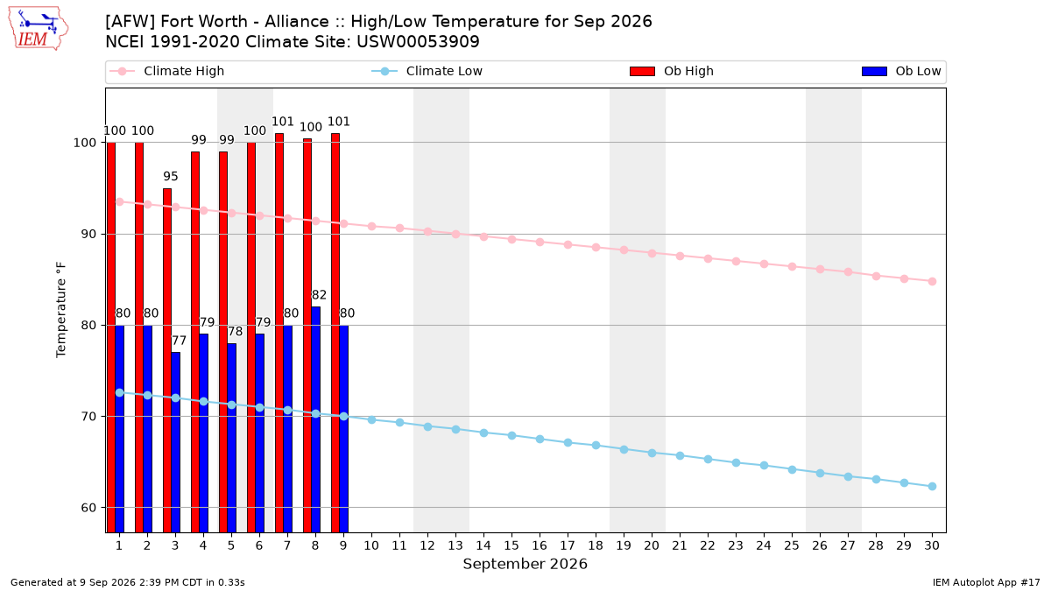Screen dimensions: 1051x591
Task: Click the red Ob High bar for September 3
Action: point(167,360)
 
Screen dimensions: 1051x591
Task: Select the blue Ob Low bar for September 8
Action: point(316,419)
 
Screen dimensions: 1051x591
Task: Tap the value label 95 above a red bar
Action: point(171,176)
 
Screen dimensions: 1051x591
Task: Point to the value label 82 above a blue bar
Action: point(319,294)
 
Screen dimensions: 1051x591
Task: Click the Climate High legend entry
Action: point(166,71)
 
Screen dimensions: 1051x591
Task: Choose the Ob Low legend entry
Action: point(901,71)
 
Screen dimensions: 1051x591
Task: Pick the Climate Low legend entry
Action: point(427,71)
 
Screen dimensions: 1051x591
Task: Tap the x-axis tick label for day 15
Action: point(511,545)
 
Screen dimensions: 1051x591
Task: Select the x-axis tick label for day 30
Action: point(932,545)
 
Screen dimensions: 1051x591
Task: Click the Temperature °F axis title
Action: point(61,310)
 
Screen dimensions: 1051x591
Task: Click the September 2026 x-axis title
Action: point(525,564)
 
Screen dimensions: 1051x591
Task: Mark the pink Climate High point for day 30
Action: point(932,281)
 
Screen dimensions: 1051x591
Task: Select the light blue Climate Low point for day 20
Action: point(652,454)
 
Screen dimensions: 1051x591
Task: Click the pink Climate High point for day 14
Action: point(483,237)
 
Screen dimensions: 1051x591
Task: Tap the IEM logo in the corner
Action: point(39,29)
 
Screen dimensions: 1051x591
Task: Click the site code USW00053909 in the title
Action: point(418,42)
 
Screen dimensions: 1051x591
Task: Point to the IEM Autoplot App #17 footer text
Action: point(986,582)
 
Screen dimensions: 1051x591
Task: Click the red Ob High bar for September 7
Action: point(279,333)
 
